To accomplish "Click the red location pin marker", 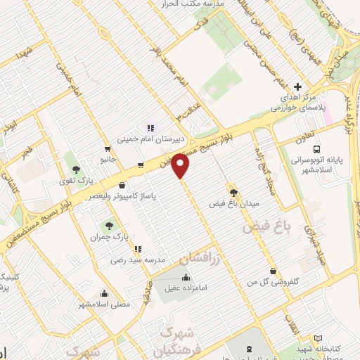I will click(x=181, y=167).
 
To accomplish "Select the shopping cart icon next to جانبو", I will click(x=107, y=149).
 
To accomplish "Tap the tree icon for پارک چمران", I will click(x=108, y=226).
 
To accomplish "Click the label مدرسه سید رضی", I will click(x=138, y=259).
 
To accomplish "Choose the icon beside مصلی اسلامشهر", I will click(x=104, y=294).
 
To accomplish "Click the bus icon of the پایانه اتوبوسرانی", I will click(x=316, y=150).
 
